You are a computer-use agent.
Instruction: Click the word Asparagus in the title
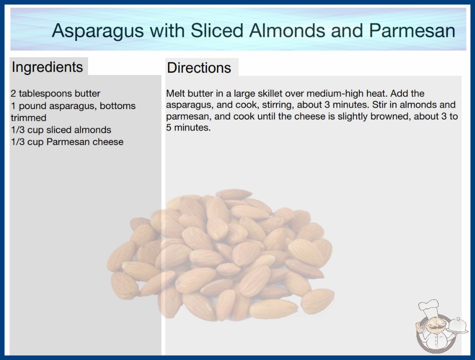point(98,31)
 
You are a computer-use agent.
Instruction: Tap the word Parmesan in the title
point(412,30)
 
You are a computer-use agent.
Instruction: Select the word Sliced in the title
point(217,30)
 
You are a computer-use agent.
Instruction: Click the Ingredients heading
point(47,67)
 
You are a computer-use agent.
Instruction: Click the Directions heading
point(199,68)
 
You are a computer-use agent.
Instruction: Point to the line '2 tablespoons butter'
point(55,94)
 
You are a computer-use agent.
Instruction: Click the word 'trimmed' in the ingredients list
point(29,118)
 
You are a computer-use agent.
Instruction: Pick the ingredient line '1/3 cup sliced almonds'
point(61,130)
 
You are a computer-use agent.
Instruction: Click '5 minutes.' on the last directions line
point(188,128)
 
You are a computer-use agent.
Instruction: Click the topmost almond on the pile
point(233,194)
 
